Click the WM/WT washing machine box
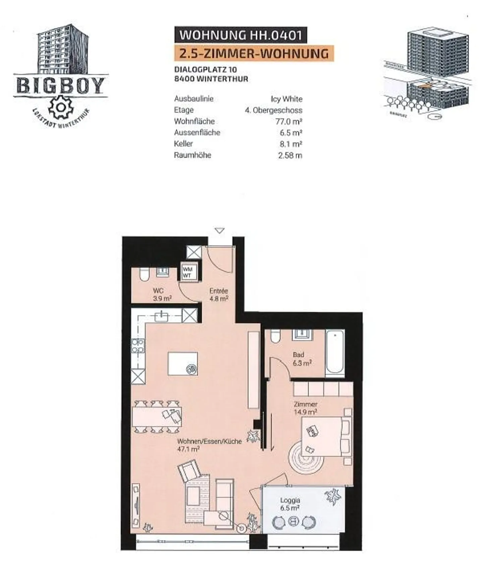pos(187,272)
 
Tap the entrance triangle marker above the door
pos(219,230)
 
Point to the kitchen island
pos(182,364)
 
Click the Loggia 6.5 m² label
pos(290,504)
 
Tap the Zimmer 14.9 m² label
pos(305,408)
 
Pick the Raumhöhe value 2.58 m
pos(290,155)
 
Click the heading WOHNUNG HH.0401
pos(240,35)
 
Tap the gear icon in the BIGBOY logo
pos(61,107)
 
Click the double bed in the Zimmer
pos(325,436)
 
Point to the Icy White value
pos(286,99)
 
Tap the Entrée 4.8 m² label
pos(219,295)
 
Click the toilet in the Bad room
pos(275,336)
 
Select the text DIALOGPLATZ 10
pos(205,70)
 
